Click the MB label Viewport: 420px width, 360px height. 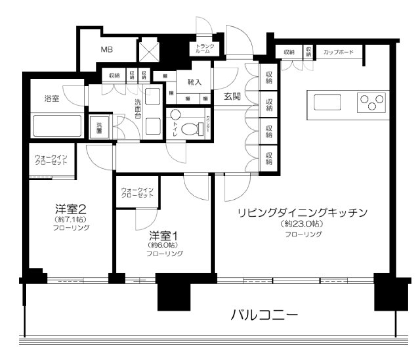107,49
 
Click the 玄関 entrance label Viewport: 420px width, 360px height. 233,96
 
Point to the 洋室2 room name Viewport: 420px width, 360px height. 70,208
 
